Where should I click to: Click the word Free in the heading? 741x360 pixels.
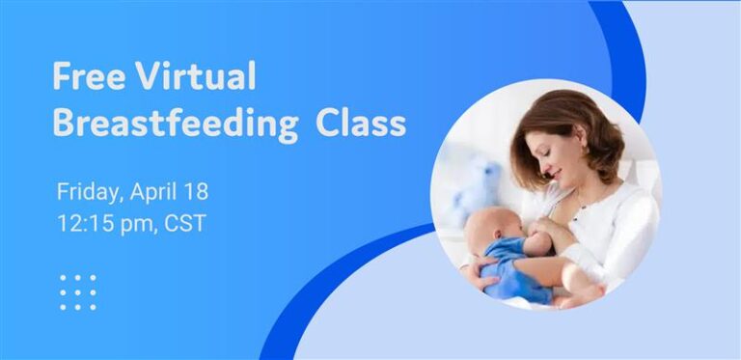click(80, 76)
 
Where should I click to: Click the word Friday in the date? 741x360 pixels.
click(86, 192)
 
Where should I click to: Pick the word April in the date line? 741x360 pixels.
click(155, 192)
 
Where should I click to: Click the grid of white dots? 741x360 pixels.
click(77, 291)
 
